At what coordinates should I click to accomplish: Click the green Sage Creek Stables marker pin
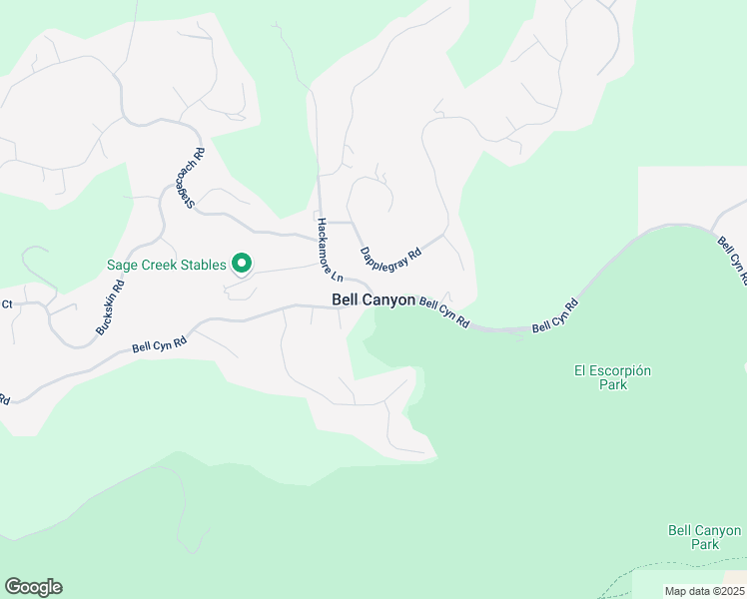click(241, 265)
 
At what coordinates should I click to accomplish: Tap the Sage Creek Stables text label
click(167, 266)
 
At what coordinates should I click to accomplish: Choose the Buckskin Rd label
click(110, 306)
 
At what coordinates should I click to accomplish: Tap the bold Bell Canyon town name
click(373, 299)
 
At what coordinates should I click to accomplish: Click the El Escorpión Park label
click(612, 377)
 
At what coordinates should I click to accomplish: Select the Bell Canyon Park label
click(704, 537)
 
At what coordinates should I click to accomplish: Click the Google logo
click(33, 587)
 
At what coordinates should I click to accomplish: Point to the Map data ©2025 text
click(703, 591)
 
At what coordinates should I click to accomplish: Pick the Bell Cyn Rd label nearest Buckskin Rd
click(160, 344)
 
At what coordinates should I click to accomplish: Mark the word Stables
click(203, 266)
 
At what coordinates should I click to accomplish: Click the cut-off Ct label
click(6, 303)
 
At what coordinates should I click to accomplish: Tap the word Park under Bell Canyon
click(704, 544)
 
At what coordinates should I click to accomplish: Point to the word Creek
click(159, 266)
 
